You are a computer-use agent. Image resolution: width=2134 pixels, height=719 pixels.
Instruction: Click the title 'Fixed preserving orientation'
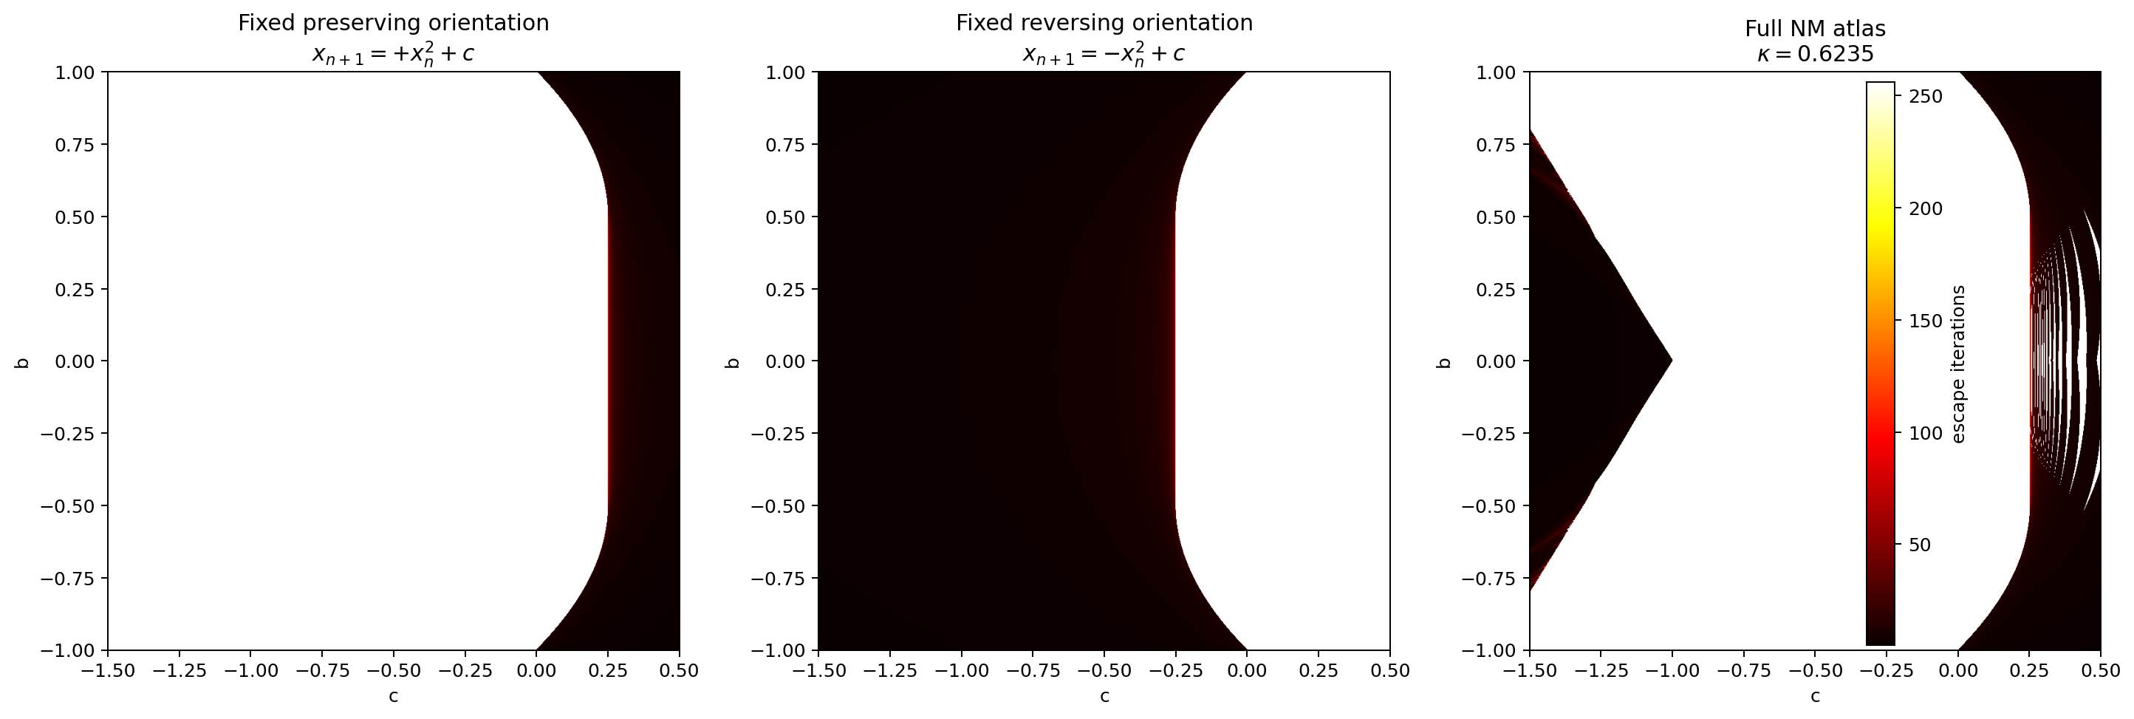coord(394,23)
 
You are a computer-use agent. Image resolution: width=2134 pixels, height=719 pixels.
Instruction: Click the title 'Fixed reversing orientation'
coord(1104,23)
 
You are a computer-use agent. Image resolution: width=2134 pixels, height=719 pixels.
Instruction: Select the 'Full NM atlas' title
coord(1815,29)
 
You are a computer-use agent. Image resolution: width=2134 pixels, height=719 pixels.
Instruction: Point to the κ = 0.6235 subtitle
coord(1815,55)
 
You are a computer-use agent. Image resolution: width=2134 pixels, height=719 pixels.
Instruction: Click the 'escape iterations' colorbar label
coord(1958,364)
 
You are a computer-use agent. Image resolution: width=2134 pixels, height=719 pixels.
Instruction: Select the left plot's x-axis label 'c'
coord(394,697)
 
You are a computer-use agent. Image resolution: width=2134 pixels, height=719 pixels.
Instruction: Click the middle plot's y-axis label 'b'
coord(732,362)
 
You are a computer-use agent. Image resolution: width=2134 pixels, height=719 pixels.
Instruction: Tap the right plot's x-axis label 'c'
coord(1815,697)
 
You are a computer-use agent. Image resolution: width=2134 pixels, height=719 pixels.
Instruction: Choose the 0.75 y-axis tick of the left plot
coord(76,145)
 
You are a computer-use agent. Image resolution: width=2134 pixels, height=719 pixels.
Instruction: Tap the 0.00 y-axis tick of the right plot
coord(1498,362)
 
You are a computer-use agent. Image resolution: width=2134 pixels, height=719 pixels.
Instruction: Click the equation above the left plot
coord(394,55)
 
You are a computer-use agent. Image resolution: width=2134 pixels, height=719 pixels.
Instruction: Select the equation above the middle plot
coord(1104,55)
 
